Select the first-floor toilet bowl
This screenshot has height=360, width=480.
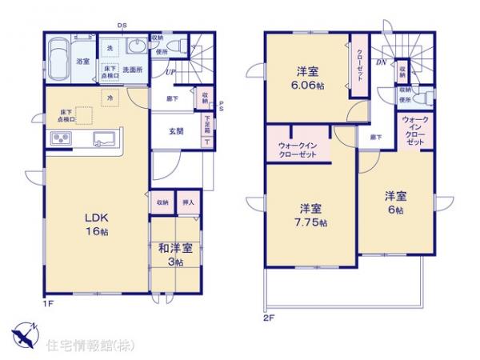[x=182, y=46]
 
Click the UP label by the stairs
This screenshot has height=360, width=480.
[x=170, y=73]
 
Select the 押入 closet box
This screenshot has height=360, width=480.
[x=188, y=202]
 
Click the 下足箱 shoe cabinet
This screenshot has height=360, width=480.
[x=207, y=125]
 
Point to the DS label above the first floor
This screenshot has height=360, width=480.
[x=122, y=25]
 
